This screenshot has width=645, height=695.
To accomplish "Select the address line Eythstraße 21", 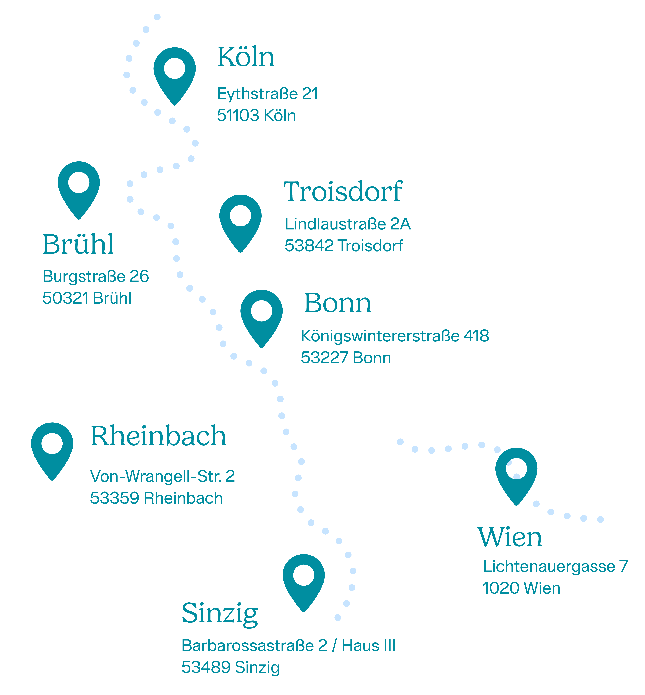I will (267, 94).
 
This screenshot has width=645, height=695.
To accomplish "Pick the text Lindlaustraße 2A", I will (348, 224).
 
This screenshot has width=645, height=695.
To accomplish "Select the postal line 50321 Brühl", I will (87, 298).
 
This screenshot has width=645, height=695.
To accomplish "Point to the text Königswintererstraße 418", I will (395, 336).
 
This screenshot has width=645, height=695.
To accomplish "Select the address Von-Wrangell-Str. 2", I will (162, 476).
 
